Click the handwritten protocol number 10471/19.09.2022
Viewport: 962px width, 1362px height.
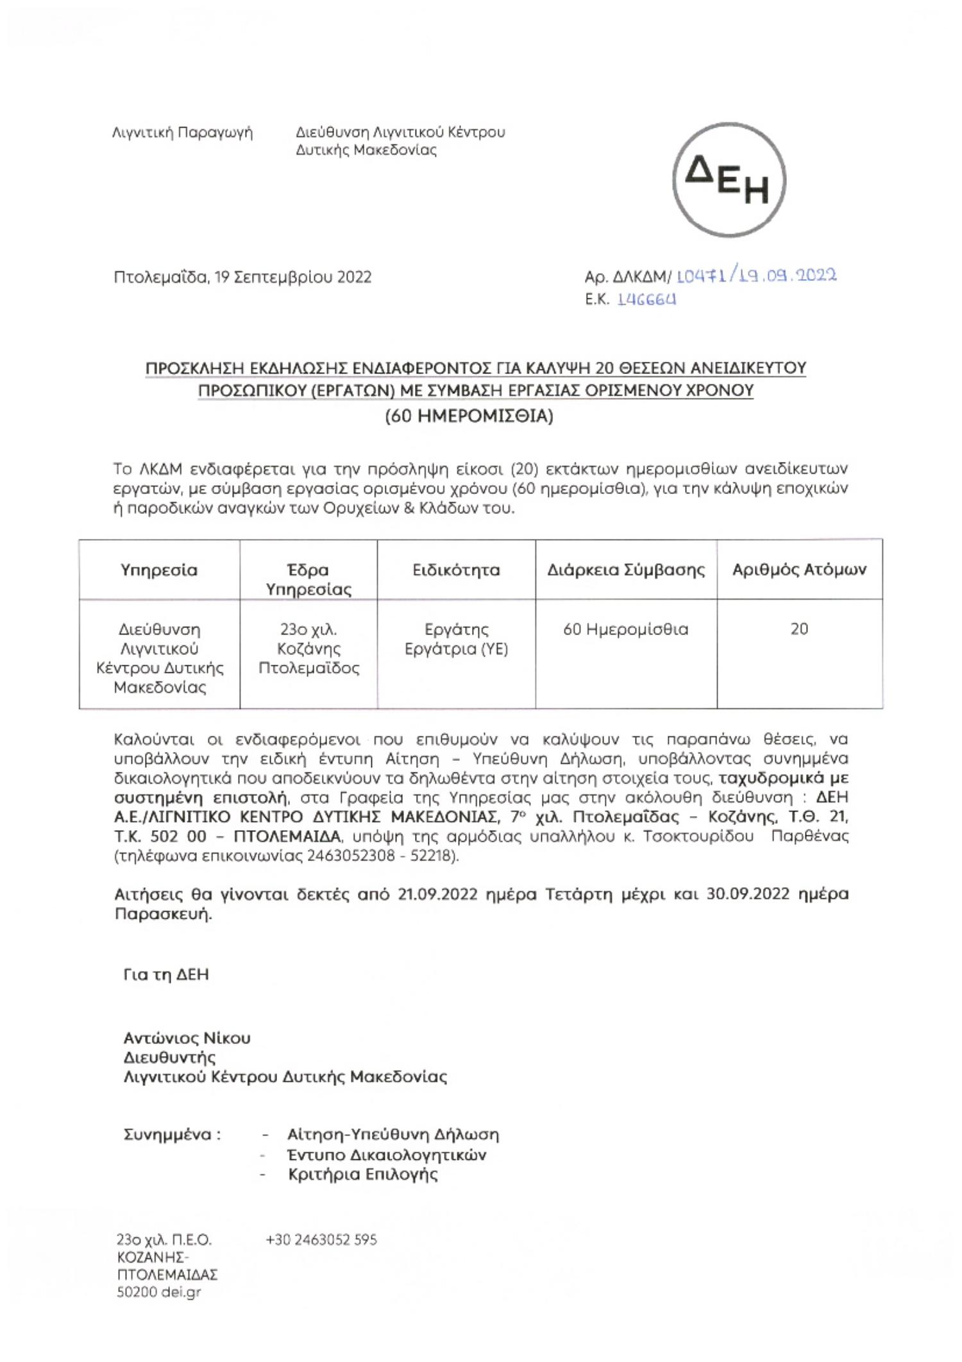click(757, 276)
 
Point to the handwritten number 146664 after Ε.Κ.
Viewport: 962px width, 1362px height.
click(646, 300)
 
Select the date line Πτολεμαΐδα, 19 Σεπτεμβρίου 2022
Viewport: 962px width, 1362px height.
click(242, 277)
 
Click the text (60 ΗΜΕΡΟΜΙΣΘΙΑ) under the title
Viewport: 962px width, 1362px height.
click(469, 416)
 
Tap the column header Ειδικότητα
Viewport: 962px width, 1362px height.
click(456, 570)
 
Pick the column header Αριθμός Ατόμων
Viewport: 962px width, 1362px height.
click(799, 570)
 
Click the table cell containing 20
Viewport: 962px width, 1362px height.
click(799, 629)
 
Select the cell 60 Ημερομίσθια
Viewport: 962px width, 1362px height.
click(625, 629)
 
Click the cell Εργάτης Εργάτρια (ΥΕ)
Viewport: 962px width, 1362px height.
click(456, 639)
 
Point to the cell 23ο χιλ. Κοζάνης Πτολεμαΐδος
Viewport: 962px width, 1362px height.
click(308, 648)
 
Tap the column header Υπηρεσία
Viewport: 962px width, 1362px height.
click(159, 570)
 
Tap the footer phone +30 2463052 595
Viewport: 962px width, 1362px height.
click(321, 1239)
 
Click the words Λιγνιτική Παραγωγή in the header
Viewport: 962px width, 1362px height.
click(182, 133)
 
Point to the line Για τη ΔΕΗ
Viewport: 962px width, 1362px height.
click(165, 975)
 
